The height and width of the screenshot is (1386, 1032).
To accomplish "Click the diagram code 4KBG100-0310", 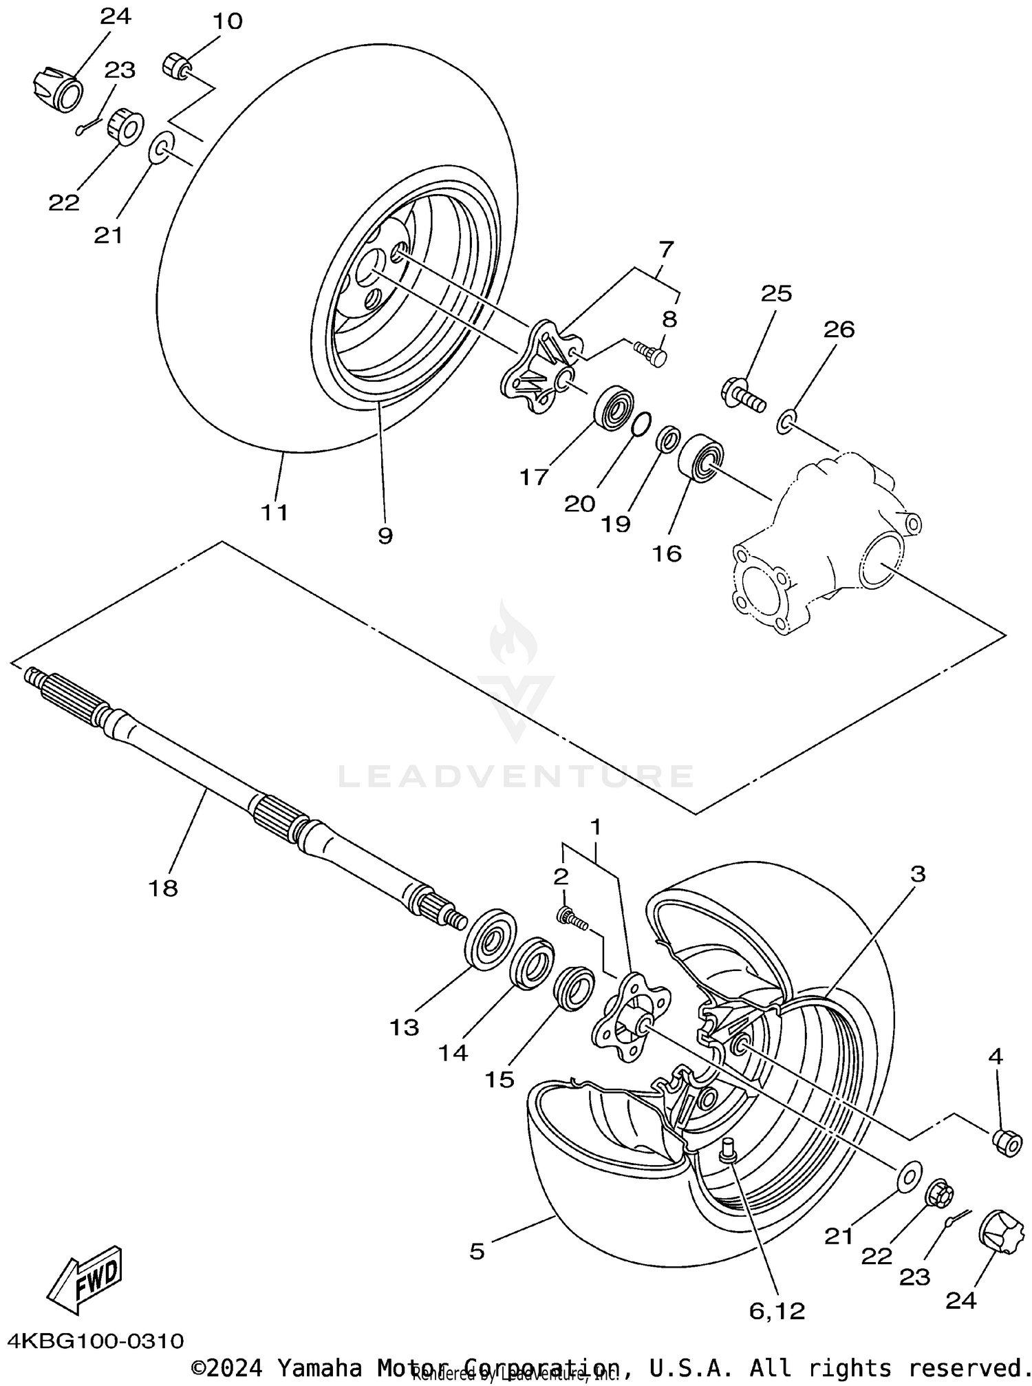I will point(96,1341).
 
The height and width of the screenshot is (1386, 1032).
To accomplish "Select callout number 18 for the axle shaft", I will point(163,888).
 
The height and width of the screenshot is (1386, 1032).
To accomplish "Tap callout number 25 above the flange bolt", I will point(776,294).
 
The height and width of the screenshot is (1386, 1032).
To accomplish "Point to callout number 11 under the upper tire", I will point(274,512).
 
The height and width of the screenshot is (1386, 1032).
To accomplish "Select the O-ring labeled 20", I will point(640,424).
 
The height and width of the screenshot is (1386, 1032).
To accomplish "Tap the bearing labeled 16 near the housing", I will point(702,457).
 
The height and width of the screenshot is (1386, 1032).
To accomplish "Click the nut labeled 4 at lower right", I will point(1006,1143).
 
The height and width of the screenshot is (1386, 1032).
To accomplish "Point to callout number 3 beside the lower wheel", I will point(918,874).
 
